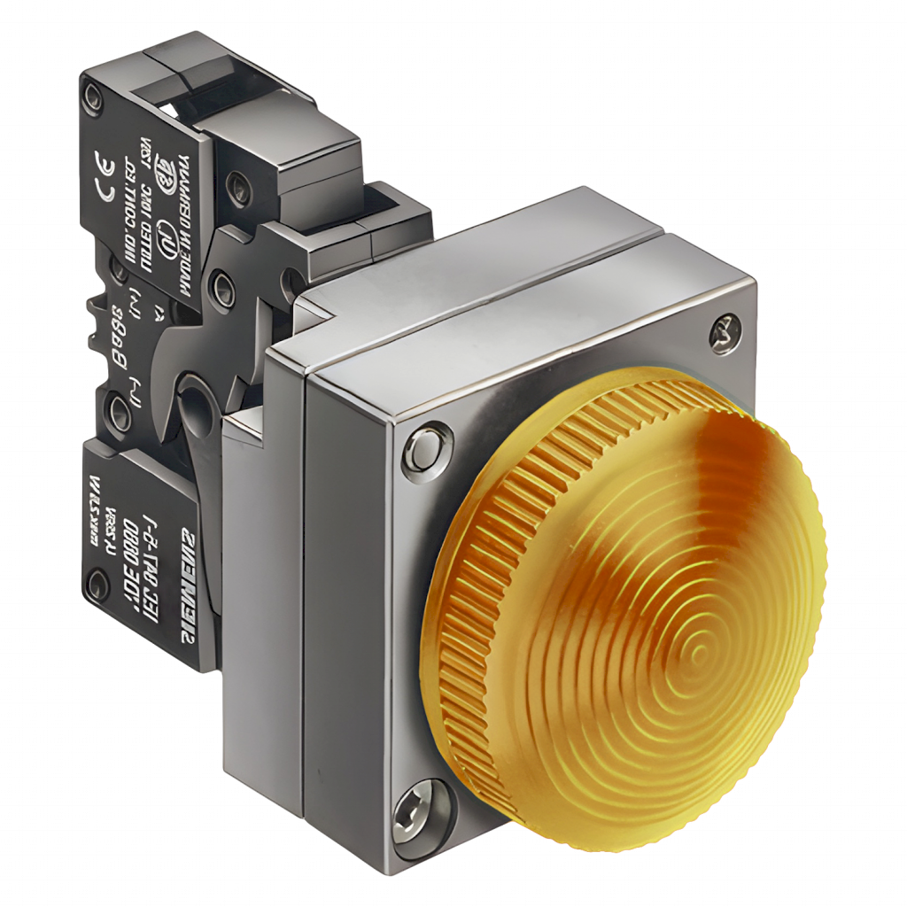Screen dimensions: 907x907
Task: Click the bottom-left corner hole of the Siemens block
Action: point(94,582)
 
